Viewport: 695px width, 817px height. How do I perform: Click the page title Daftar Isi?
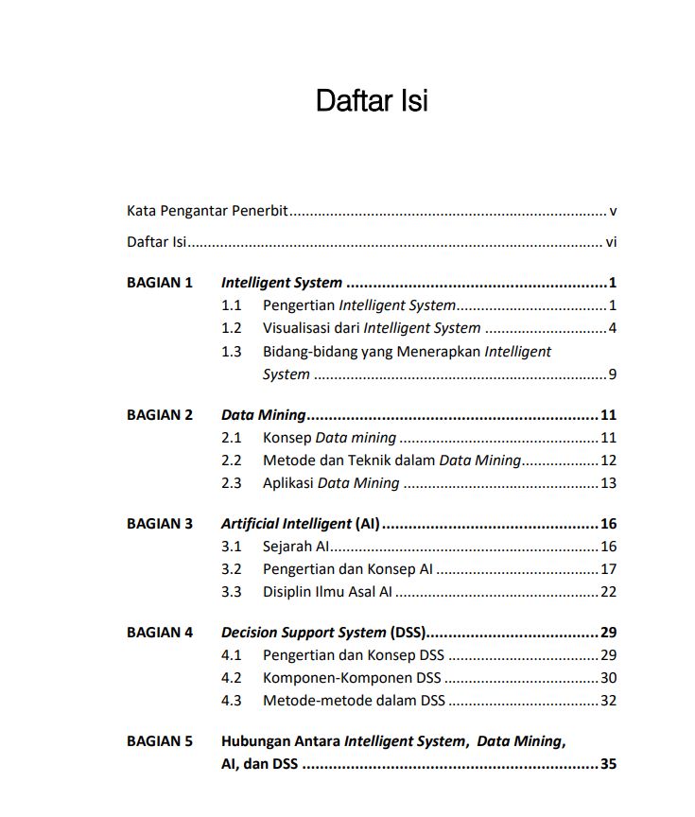click(x=372, y=101)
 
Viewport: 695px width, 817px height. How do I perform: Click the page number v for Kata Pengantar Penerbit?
click(x=613, y=212)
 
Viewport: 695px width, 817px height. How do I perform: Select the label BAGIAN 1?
click(x=160, y=283)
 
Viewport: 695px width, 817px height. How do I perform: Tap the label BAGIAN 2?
click(x=160, y=415)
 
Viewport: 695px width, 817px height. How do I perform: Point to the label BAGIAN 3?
click(x=160, y=524)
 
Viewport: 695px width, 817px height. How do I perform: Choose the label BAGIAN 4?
click(x=160, y=633)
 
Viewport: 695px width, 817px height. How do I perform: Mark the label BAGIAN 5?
click(x=160, y=741)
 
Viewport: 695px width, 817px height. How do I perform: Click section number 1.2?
click(x=232, y=329)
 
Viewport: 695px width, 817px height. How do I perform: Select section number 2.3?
click(x=232, y=483)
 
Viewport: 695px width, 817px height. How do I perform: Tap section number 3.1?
click(x=232, y=547)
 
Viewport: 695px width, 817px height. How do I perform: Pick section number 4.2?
click(x=232, y=678)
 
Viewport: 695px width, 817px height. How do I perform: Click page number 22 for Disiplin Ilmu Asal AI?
click(x=608, y=592)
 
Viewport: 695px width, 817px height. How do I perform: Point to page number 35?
click(x=608, y=764)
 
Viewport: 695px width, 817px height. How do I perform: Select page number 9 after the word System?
click(x=613, y=374)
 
